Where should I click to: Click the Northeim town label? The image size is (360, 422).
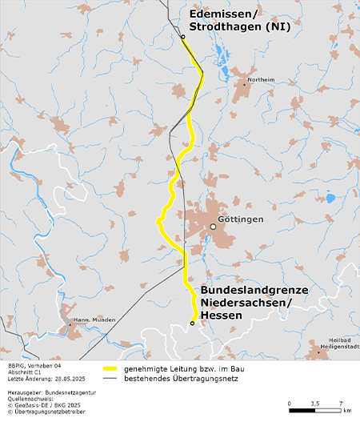(262, 81)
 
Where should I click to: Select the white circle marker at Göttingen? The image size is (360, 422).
(213, 227)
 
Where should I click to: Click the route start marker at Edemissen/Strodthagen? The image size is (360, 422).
(182, 37)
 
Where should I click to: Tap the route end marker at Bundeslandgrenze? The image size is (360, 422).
(192, 323)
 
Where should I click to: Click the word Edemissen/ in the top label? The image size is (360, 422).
(223, 14)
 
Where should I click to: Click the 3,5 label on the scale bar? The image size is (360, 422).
(314, 404)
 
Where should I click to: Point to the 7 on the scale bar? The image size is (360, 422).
(341, 404)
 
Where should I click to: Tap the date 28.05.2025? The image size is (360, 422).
(69, 377)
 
